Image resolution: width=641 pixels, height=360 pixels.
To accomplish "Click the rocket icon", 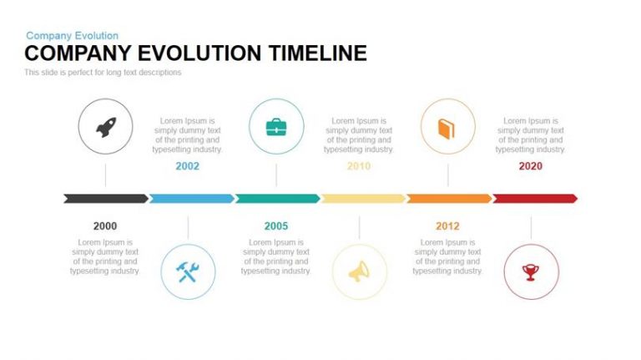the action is [x=106, y=127].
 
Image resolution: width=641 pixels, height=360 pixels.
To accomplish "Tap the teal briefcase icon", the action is [x=276, y=127].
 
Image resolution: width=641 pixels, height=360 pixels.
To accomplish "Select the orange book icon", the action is [x=447, y=129].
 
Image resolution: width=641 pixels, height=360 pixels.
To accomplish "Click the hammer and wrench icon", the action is [x=188, y=272].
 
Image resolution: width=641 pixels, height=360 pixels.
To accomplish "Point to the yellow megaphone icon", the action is [x=359, y=271].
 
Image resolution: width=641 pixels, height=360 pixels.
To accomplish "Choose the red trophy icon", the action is [x=531, y=272].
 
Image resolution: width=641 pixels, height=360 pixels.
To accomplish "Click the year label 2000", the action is [x=105, y=226].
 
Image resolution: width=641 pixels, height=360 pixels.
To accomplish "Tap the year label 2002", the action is [x=187, y=166].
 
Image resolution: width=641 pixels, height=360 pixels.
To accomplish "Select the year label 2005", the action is [x=276, y=226].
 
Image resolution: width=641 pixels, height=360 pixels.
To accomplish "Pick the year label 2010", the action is [x=359, y=166].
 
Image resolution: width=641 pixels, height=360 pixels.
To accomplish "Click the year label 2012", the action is [x=447, y=226].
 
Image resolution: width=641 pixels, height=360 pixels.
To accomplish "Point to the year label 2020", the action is [x=531, y=166].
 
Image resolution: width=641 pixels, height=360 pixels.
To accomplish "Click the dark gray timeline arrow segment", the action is [x=106, y=199].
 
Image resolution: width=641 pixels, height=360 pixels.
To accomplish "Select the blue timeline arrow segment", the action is [x=192, y=199].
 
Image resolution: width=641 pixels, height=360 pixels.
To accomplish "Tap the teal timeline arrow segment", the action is [x=278, y=199].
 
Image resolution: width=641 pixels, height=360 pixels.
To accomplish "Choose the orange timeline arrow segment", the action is [x=450, y=199].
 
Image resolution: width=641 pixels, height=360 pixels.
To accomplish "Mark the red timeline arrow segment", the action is [x=536, y=199].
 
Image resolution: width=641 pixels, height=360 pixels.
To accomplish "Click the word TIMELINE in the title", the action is [x=318, y=53].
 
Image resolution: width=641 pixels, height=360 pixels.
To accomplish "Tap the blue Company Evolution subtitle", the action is [x=72, y=36].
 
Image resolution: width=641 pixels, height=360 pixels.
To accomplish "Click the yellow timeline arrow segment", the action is [x=364, y=199].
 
